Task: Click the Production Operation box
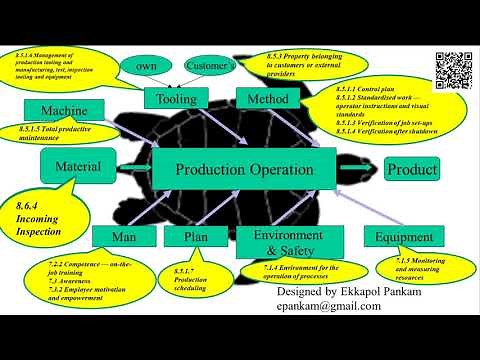(244, 170)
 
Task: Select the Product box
(411, 169)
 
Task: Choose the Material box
(79, 166)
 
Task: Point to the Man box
(123, 236)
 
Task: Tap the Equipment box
(403, 237)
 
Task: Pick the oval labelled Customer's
(210, 66)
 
